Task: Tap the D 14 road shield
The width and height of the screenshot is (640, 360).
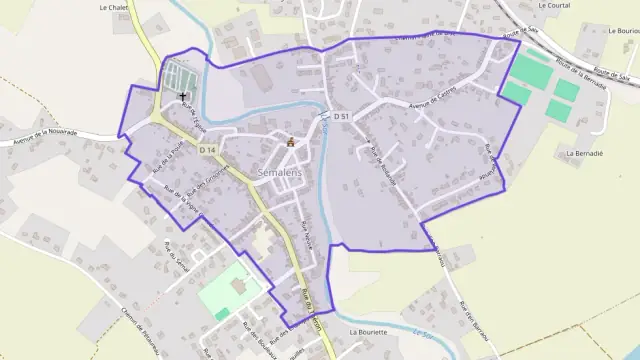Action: tap(207, 150)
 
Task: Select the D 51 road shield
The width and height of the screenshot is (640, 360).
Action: tap(342, 117)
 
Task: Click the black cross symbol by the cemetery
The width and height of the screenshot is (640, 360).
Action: tap(182, 96)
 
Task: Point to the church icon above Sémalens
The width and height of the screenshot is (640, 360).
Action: tap(291, 141)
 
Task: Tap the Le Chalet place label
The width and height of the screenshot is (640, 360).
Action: tap(117, 6)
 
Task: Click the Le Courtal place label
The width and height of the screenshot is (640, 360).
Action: tap(552, 5)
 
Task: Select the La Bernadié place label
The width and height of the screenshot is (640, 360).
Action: tap(584, 154)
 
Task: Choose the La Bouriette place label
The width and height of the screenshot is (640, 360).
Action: tap(368, 331)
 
